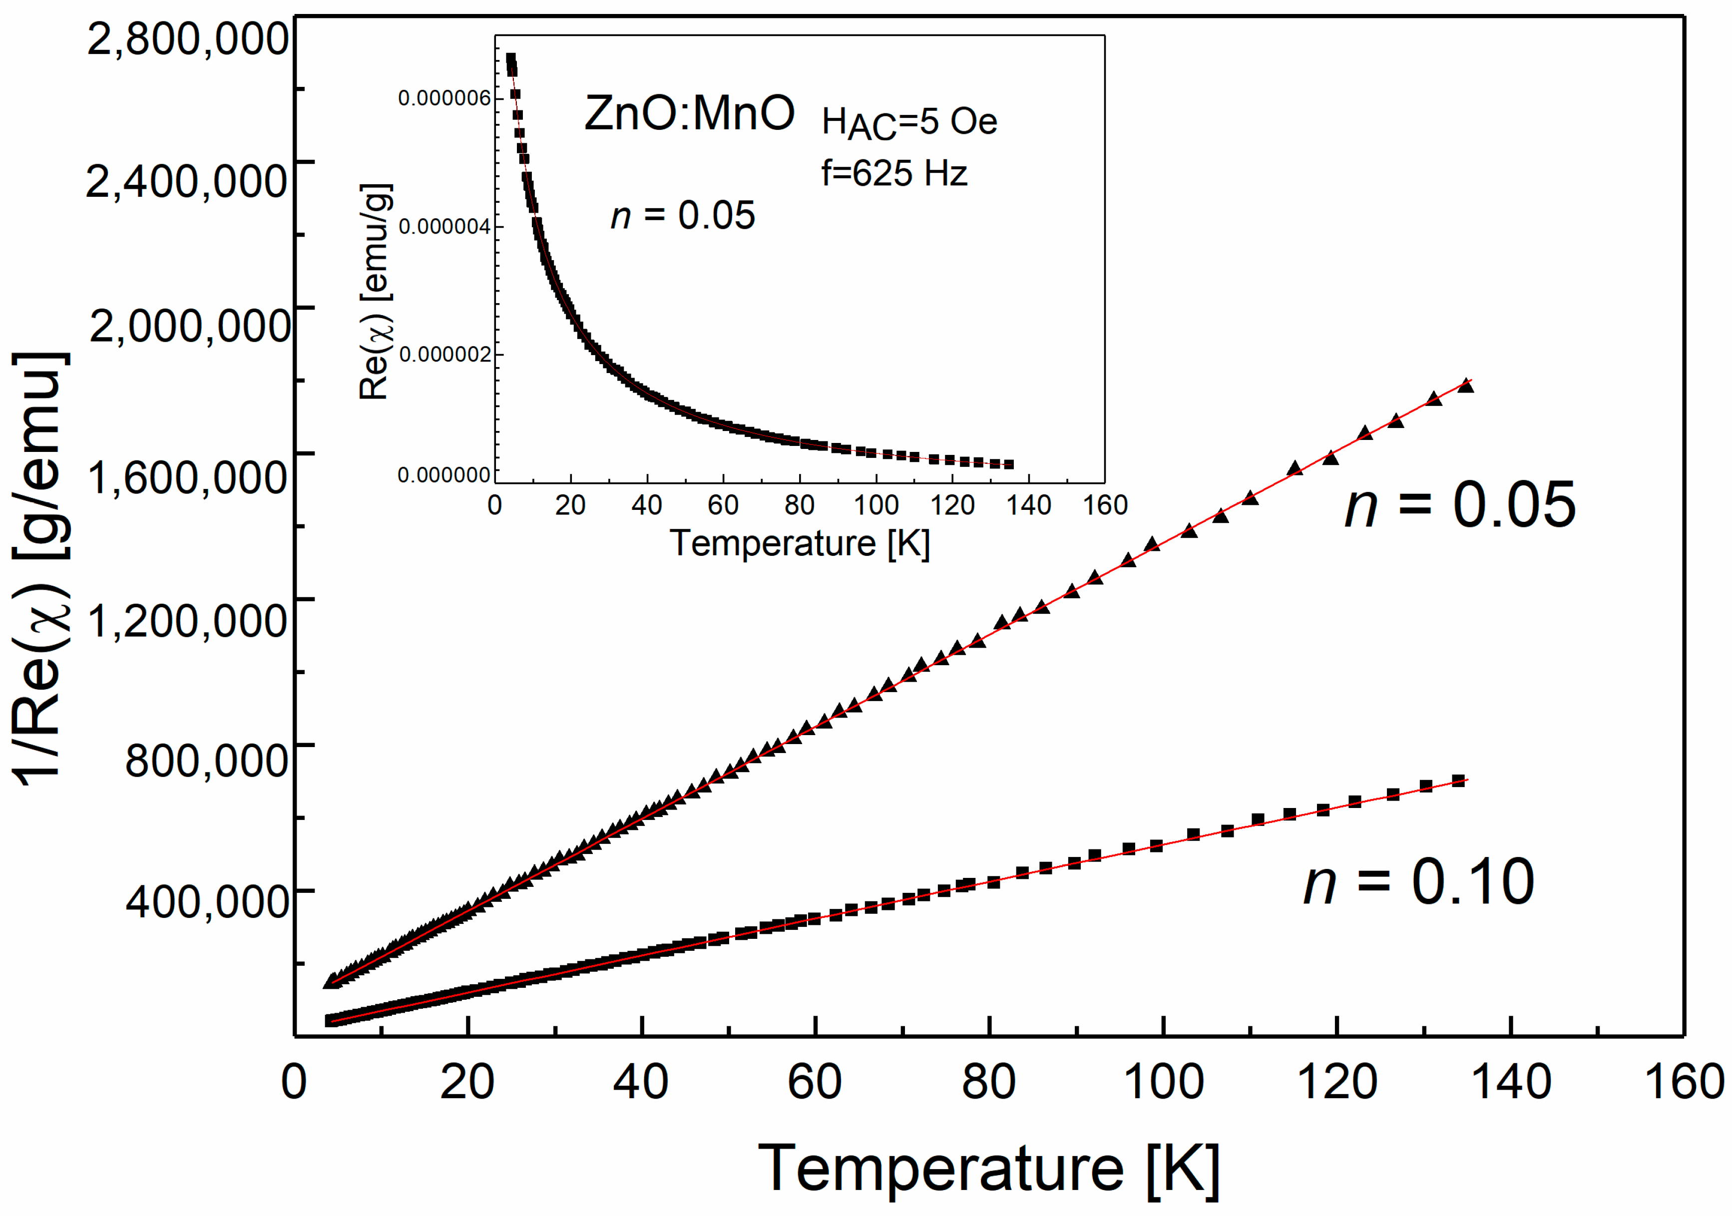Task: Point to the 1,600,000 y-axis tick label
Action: coord(187,477)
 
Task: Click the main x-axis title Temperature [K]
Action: coord(988,1169)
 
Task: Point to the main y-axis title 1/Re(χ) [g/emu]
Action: coord(41,569)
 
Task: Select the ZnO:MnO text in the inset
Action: coord(689,113)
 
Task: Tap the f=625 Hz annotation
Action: coord(894,173)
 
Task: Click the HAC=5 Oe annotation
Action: coord(909,123)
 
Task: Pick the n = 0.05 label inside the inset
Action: coord(683,215)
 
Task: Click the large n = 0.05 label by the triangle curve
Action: coord(1460,505)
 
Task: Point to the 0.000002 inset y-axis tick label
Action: coord(444,355)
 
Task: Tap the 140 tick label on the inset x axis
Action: coord(1029,505)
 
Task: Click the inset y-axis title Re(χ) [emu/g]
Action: coord(375,291)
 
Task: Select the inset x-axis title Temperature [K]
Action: coord(800,543)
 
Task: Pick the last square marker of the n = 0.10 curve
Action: coord(1458,781)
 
